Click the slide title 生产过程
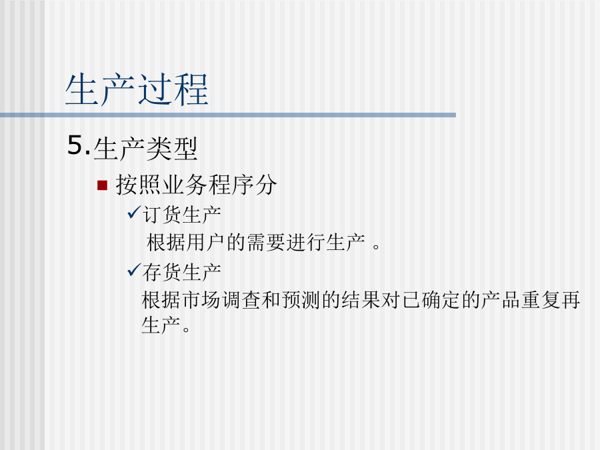(x=137, y=89)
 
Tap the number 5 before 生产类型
(x=76, y=145)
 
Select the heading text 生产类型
(x=145, y=149)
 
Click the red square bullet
(x=102, y=185)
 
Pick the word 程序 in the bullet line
(x=231, y=185)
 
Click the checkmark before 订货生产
(x=134, y=213)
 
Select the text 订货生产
(x=182, y=215)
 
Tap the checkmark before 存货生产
(x=134, y=270)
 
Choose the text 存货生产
(x=182, y=273)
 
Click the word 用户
(x=206, y=243)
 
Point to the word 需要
(x=266, y=243)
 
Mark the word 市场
(x=201, y=300)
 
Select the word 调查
(x=241, y=300)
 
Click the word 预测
(x=301, y=300)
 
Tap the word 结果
(x=361, y=300)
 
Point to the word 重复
(x=540, y=300)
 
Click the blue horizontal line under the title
(x=228, y=115)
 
